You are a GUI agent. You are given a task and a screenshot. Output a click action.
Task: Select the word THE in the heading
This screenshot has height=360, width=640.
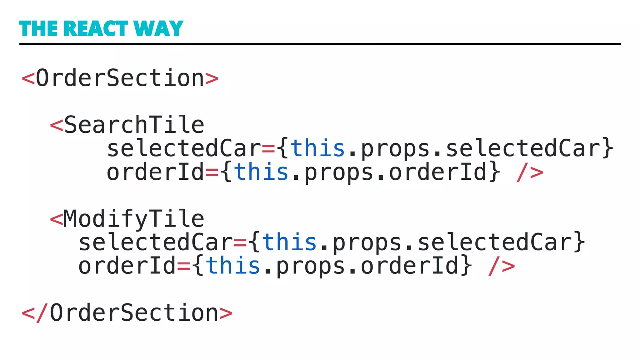(x=38, y=29)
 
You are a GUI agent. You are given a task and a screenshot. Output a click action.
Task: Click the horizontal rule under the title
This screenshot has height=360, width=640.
(x=320, y=44)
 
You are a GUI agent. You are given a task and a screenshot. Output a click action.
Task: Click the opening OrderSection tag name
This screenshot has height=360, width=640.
(x=120, y=78)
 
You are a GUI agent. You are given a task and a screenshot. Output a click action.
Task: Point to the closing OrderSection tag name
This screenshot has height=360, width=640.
(x=134, y=313)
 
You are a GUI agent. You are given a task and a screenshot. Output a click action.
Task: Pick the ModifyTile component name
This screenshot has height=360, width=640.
(x=134, y=219)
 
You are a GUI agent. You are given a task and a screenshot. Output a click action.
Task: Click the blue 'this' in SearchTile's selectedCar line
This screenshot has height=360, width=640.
(x=317, y=148)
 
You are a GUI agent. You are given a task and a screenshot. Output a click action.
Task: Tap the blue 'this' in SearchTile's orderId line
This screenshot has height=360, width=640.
(x=261, y=172)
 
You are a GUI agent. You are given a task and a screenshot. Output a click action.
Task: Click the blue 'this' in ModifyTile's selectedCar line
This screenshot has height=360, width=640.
(x=289, y=242)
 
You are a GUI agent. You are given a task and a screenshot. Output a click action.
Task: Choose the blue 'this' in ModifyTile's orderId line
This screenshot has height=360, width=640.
(x=233, y=266)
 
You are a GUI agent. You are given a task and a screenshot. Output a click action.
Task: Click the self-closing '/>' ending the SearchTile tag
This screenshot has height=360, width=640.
(x=530, y=172)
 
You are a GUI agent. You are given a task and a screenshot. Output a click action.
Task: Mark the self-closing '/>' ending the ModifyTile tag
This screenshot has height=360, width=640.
(x=502, y=267)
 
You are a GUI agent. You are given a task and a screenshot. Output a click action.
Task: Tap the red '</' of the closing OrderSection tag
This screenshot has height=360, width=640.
(x=35, y=313)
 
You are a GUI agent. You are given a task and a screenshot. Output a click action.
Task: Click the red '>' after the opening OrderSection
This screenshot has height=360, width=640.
(x=212, y=78)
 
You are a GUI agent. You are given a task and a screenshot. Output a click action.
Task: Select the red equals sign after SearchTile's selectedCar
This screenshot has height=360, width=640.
(x=268, y=149)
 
